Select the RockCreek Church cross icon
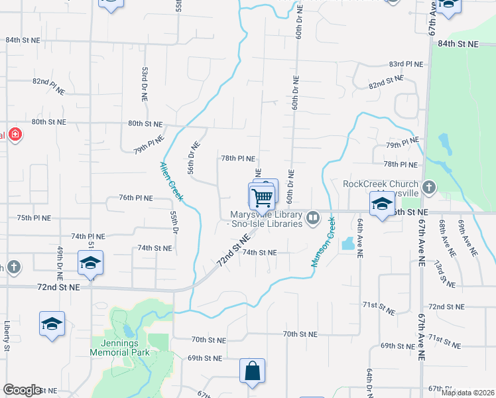click(x=429, y=188)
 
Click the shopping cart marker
click(x=262, y=197)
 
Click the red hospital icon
click(x=15, y=136)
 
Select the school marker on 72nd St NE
click(x=90, y=263)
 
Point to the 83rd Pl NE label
click(x=405, y=64)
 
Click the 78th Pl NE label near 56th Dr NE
click(x=238, y=159)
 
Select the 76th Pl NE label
click(x=136, y=198)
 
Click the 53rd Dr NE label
click(x=144, y=84)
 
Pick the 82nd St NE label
click(x=386, y=82)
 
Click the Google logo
click(x=22, y=390)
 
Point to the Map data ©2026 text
click(x=467, y=393)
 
